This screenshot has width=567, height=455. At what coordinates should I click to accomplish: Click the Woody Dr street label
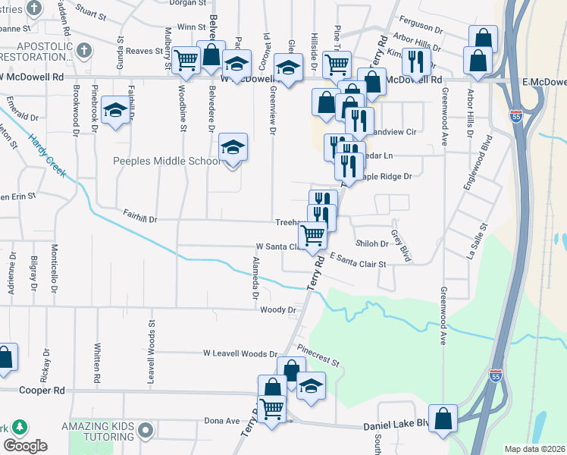[277, 310]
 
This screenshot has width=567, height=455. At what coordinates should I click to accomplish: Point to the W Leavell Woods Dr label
[240, 354]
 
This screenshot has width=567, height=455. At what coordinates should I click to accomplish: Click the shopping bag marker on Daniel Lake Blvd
[443, 418]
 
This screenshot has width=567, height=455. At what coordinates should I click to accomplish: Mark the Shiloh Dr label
[373, 243]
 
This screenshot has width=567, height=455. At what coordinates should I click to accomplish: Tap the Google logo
[25, 445]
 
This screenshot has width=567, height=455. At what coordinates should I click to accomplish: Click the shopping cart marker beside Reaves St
[185, 61]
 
